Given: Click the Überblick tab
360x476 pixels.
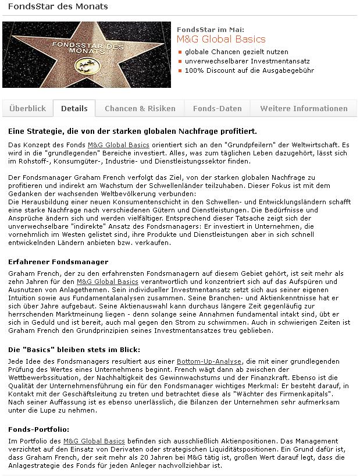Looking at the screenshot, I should pos(27,108).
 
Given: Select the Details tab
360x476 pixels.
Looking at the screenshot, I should pos(74,108).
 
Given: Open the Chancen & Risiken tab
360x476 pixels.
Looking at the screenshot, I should pos(140,108).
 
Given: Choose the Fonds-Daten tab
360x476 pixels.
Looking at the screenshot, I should pos(217,108).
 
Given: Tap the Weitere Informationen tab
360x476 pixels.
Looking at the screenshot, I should pos(304,108).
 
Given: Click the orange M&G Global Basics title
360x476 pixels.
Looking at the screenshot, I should pos(221,40).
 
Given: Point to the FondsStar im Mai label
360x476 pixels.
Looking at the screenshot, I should pos(211,29).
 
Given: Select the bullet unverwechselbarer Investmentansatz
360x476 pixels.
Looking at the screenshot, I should pos(247,61).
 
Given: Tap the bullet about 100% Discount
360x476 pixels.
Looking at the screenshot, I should pos(249,70).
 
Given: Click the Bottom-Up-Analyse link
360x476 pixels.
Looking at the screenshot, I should pos(209,361).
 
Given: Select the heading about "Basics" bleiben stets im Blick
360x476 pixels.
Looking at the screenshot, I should pos(74,350).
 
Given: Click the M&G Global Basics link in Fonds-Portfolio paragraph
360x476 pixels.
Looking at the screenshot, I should pos(94,441).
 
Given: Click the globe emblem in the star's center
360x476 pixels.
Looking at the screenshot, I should pos(87,66).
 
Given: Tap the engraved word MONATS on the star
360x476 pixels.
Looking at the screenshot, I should pos(87,51).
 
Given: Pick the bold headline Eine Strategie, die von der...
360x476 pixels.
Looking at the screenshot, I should pos(133,131).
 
